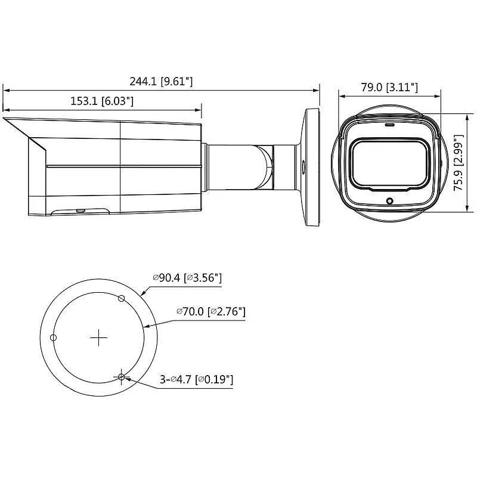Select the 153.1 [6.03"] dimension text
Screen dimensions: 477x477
(x=102, y=101)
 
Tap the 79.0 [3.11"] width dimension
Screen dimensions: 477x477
(x=389, y=88)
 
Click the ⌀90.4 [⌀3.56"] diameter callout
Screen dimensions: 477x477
(x=187, y=278)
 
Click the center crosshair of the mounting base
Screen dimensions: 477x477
(x=98, y=338)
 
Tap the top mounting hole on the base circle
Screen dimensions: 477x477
(x=122, y=298)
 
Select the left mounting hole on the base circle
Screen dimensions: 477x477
(x=53, y=338)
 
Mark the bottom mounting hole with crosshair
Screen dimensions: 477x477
(x=122, y=377)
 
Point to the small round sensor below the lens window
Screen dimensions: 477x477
(x=390, y=201)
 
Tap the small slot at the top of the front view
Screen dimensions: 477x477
(x=390, y=126)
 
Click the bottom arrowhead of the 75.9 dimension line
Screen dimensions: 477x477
(x=465, y=210)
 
